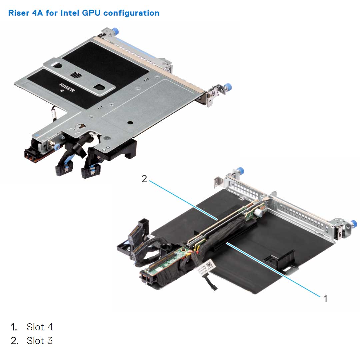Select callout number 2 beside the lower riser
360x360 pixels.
coord(144,179)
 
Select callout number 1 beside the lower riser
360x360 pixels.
coord(325,298)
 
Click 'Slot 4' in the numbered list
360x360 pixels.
coord(40,327)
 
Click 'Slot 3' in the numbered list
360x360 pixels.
coord(40,341)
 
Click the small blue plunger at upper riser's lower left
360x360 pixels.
coord(58,146)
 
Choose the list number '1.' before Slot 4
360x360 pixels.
coord(14,327)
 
